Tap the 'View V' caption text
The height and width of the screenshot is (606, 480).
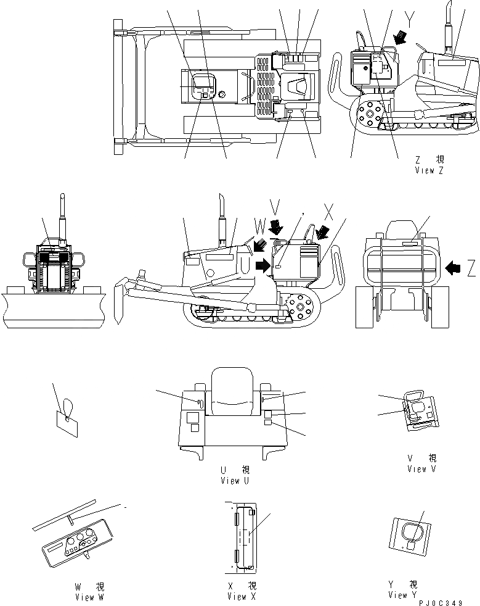point(421,469)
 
